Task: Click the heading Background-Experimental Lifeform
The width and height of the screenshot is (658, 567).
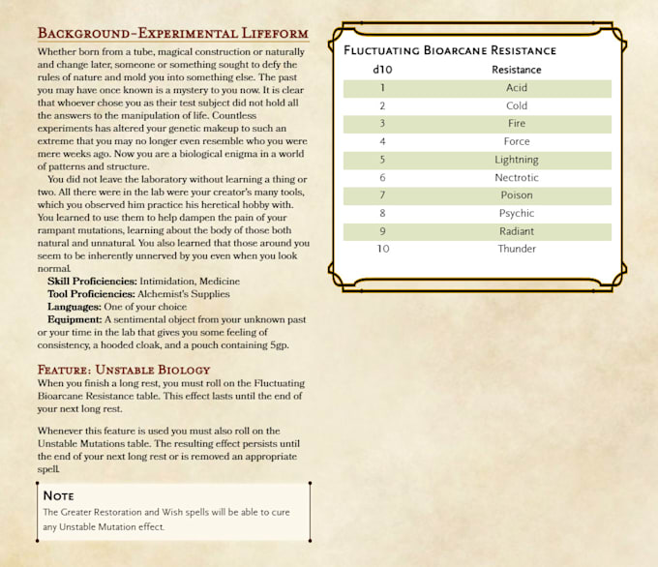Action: click(x=172, y=33)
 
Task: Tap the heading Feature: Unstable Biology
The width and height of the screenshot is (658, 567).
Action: click(x=124, y=370)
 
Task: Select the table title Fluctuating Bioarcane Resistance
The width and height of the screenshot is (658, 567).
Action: click(x=450, y=50)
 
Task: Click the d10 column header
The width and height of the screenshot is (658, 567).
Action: click(x=382, y=70)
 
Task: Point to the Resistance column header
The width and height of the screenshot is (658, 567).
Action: click(x=516, y=70)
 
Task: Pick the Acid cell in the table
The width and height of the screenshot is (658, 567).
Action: click(x=516, y=88)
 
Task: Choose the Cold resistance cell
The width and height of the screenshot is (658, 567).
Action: click(x=516, y=106)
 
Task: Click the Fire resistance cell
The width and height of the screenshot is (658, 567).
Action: click(x=516, y=124)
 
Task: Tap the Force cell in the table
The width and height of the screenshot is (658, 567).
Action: click(x=516, y=142)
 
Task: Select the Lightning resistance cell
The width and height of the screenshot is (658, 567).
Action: click(x=516, y=160)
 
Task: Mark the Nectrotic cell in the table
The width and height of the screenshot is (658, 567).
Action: click(x=516, y=178)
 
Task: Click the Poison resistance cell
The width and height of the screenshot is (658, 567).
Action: click(x=516, y=195)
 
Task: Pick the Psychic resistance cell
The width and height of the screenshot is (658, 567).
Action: click(x=516, y=214)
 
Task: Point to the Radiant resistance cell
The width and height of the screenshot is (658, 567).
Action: click(x=516, y=231)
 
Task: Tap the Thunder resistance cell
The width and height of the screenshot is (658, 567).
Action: click(x=516, y=250)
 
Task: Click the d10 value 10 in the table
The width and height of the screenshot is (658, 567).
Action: click(x=382, y=250)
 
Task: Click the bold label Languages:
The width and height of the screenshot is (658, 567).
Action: click(x=76, y=307)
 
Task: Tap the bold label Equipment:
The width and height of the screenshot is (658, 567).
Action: click(x=75, y=319)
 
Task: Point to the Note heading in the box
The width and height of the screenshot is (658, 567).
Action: click(x=59, y=495)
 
